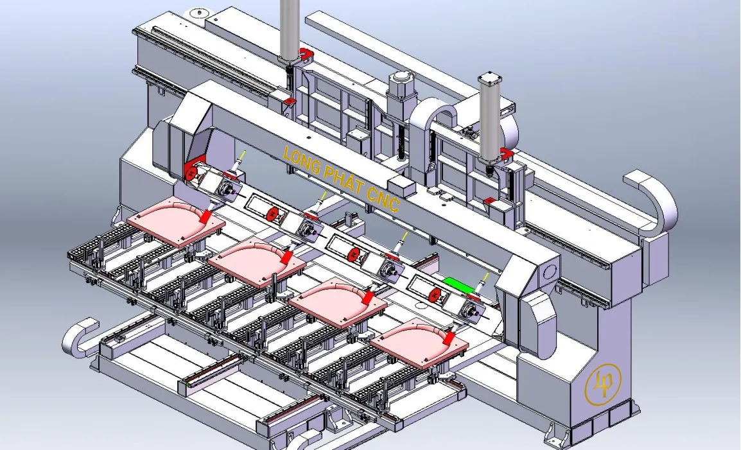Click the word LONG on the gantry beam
click(301, 161)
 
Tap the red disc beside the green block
click(435, 295)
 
